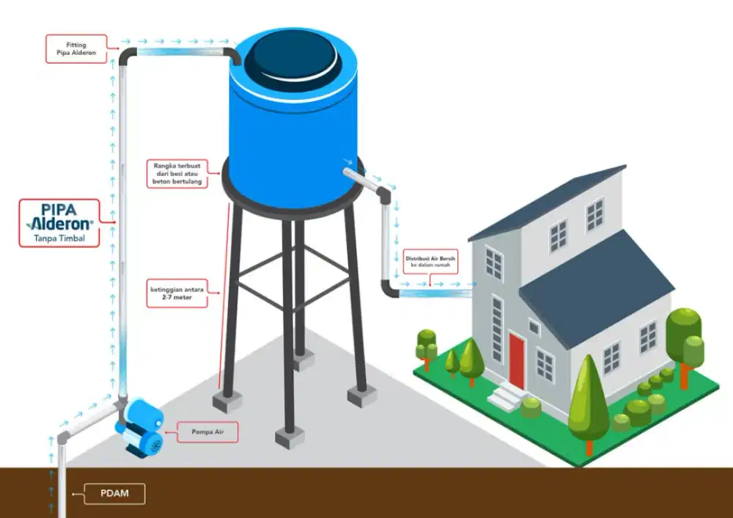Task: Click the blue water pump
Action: click(x=141, y=429)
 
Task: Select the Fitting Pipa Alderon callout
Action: click(x=75, y=49)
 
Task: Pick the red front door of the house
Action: click(x=517, y=361)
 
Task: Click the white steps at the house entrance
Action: click(x=506, y=398)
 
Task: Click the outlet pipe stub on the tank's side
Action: click(x=355, y=173)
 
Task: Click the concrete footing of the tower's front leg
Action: click(x=290, y=438)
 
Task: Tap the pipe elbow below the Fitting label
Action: click(x=126, y=56)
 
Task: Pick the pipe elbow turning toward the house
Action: click(x=388, y=291)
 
